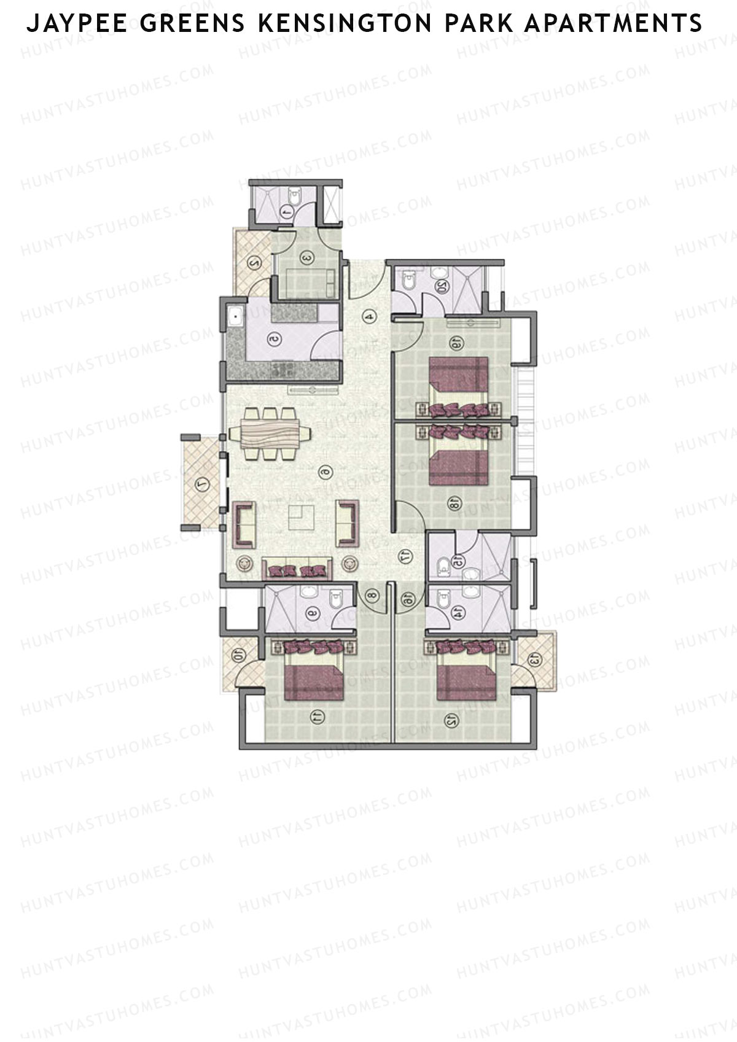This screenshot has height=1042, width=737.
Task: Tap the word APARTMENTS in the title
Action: click(614, 24)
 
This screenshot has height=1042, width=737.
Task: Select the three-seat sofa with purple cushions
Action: click(297, 569)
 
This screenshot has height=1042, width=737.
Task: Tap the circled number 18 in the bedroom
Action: click(454, 504)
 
